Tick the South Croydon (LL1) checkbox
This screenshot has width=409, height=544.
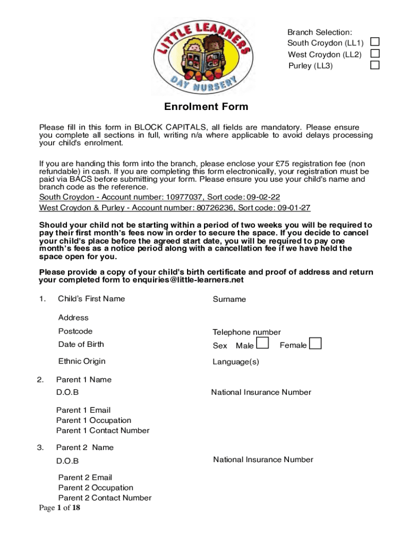pyautogui.click(x=375, y=42)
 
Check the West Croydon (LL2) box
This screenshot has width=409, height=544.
pyautogui.click(x=375, y=54)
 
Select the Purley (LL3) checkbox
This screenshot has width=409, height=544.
pyautogui.click(x=375, y=65)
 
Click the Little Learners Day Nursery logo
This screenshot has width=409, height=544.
pyautogui.click(x=202, y=55)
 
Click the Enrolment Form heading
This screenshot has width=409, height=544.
pyautogui.click(x=206, y=107)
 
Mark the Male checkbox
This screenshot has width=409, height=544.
pyautogui.click(x=262, y=344)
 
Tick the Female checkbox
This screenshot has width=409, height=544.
pyautogui.click(x=316, y=344)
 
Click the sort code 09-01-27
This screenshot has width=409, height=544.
pyautogui.click(x=292, y=207)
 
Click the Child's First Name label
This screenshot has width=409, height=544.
pyautogui.click(x=91, y=299)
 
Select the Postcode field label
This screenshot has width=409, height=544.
pyautogui.click(x=75, y=331)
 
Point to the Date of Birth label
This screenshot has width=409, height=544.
pyautogui.click(x=81, y=344)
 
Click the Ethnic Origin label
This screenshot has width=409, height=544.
pyautogui.click(x=82, y=361)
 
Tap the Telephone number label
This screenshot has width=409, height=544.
pyautogui.click(x=246, y=333)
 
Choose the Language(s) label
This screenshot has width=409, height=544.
pyautogui.click(x=236, y=362)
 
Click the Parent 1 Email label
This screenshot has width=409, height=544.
pyautogui.click(x=83, y=410)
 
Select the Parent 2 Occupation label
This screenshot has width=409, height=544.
pyautogui.click(x=96, y=488)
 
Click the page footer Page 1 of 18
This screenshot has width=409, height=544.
pyautogui.click(x=59, y=508)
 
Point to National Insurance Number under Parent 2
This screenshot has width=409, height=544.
pyautogui.click(x=263, y=460)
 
